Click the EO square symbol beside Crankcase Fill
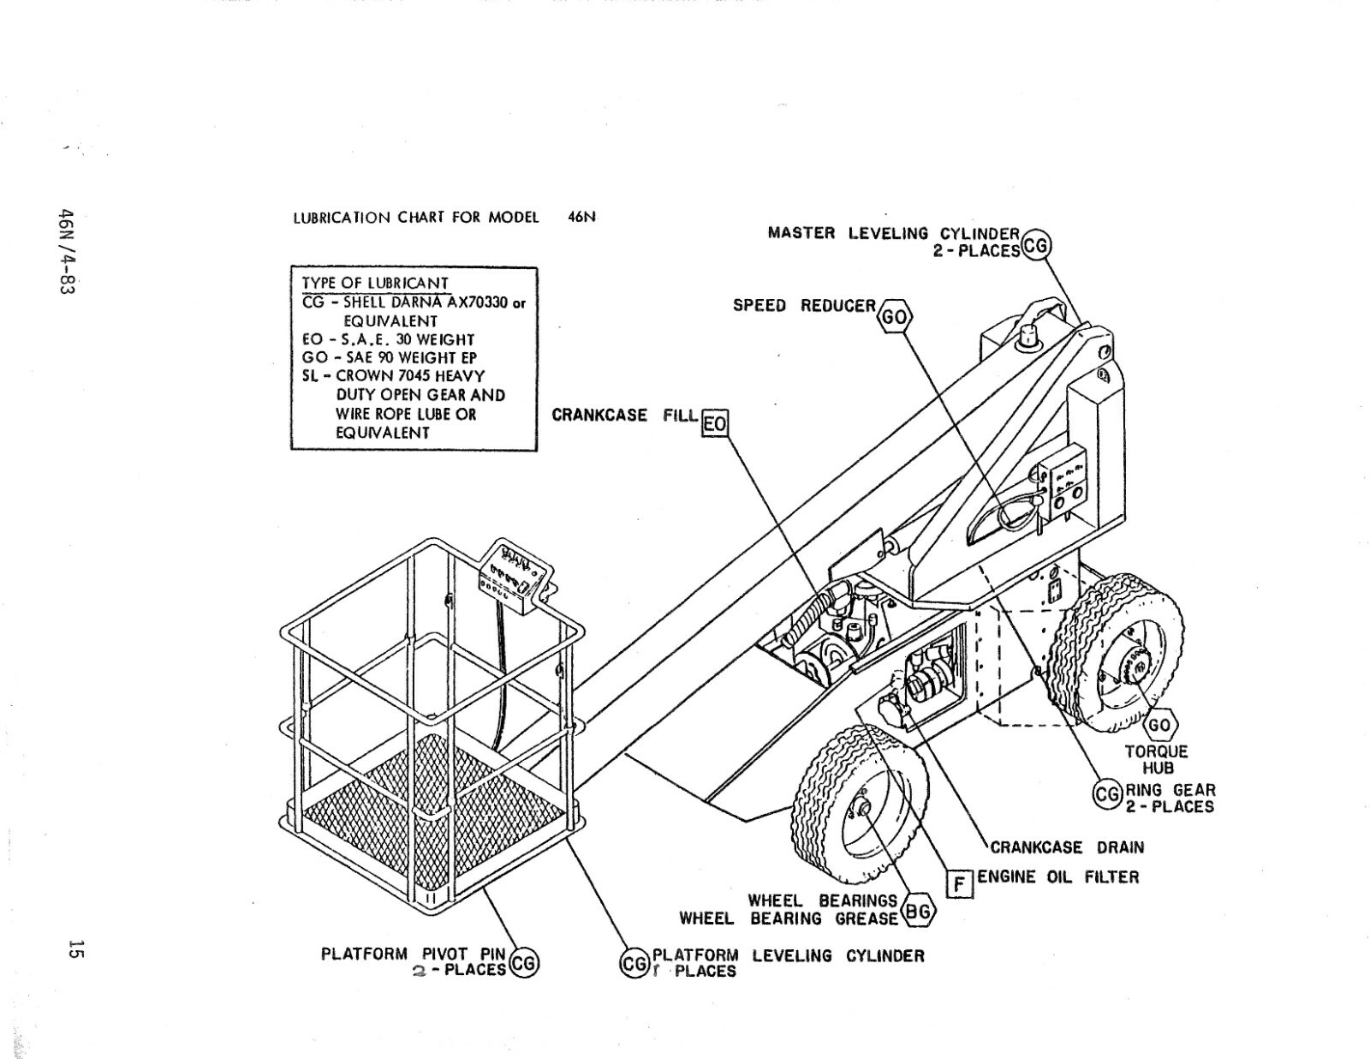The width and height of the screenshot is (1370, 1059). [x=715, y=423]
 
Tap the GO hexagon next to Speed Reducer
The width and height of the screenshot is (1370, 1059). [x=895, y=317]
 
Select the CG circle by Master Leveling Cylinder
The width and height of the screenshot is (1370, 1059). [x=1036, y=245]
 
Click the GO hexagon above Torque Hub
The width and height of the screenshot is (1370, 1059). [x=1159, y=725]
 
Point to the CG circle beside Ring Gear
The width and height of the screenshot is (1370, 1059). [x=1107, y=794]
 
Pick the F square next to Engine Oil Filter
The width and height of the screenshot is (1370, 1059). [x=960, y=882]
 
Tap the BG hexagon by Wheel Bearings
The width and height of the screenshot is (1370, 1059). [x=917, y=912]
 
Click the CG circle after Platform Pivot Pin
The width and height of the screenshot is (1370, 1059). [x=523, y=964]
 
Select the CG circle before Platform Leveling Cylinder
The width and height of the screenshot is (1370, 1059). [x=634, y=964]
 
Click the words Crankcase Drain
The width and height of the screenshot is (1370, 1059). [x=1067, y=847]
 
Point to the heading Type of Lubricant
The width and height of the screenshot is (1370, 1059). [x=374, y=283]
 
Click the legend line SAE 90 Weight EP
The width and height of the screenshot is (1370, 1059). [x=390, y=357]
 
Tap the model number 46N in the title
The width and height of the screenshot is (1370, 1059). [x=581, y=217]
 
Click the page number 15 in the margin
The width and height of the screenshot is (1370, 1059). [x=75, y=950]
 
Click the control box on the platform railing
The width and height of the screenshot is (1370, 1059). [x=514, y=577]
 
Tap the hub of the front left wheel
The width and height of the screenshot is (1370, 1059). [x=862, y=808]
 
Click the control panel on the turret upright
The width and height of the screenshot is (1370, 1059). [x=1063, y=486]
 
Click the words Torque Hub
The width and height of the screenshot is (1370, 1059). [x=1157, y=759]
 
